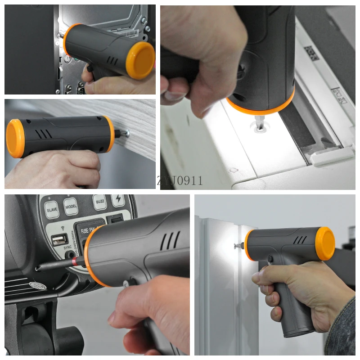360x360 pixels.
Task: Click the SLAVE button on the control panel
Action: click(x=52, y=209)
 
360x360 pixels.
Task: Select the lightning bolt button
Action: click(x=118, y=200)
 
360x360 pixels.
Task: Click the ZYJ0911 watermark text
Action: click(x=180, y=181)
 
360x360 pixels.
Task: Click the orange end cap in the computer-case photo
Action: click(x=140, y=60)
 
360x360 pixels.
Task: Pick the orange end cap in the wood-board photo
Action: click(x=14, y=139)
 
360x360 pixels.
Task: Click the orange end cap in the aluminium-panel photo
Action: click(x=325, y=243)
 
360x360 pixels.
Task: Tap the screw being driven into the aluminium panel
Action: click(x=237, y=246)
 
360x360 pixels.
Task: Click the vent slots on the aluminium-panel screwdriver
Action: click(x=300, y=240)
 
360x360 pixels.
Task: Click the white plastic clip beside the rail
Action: click(x=332, y=157)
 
